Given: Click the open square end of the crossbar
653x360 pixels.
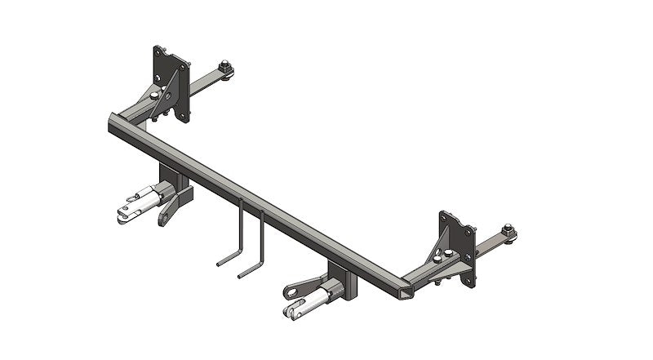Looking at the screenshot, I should [401, 292].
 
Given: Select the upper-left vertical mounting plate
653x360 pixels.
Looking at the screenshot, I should [171, 82].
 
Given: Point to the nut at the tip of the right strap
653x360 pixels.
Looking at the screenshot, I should [508, 233].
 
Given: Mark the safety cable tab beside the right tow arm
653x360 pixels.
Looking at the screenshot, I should [296, 287].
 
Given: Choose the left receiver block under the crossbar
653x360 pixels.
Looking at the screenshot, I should [173, 180].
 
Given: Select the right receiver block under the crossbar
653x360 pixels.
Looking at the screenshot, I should [343, 278].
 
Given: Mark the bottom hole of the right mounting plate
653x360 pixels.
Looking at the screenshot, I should [468, 278].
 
